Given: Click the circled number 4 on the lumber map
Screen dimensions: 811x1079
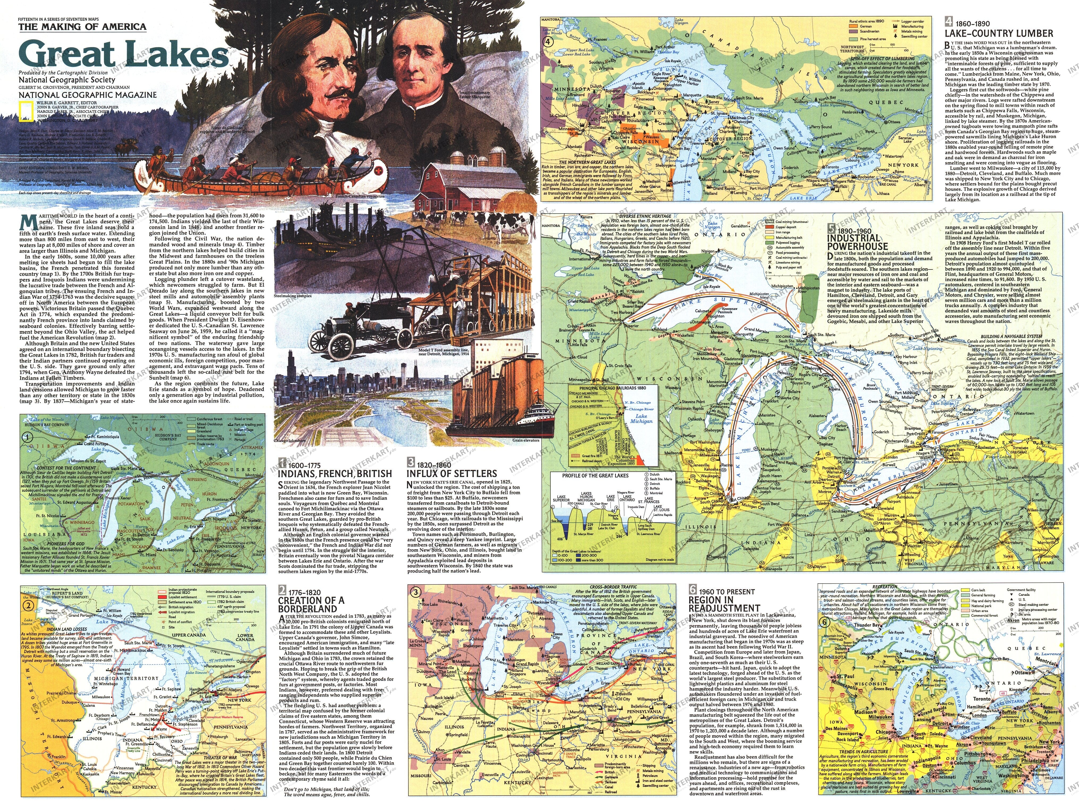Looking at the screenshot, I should [549, 41].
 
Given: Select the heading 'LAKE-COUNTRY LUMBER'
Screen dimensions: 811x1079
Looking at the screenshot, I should [998, 33].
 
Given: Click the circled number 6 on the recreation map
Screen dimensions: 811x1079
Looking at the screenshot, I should [824, 622].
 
